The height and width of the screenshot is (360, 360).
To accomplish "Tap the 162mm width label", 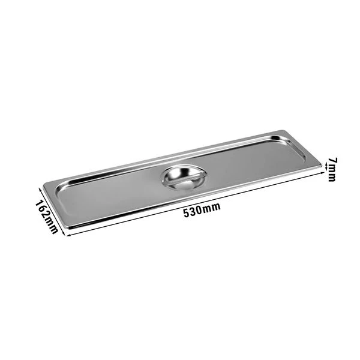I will tap(46, 215).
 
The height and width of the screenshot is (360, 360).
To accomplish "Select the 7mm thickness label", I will tap(332, 170).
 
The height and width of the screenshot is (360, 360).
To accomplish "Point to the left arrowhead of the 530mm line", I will tap(65, 233).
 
